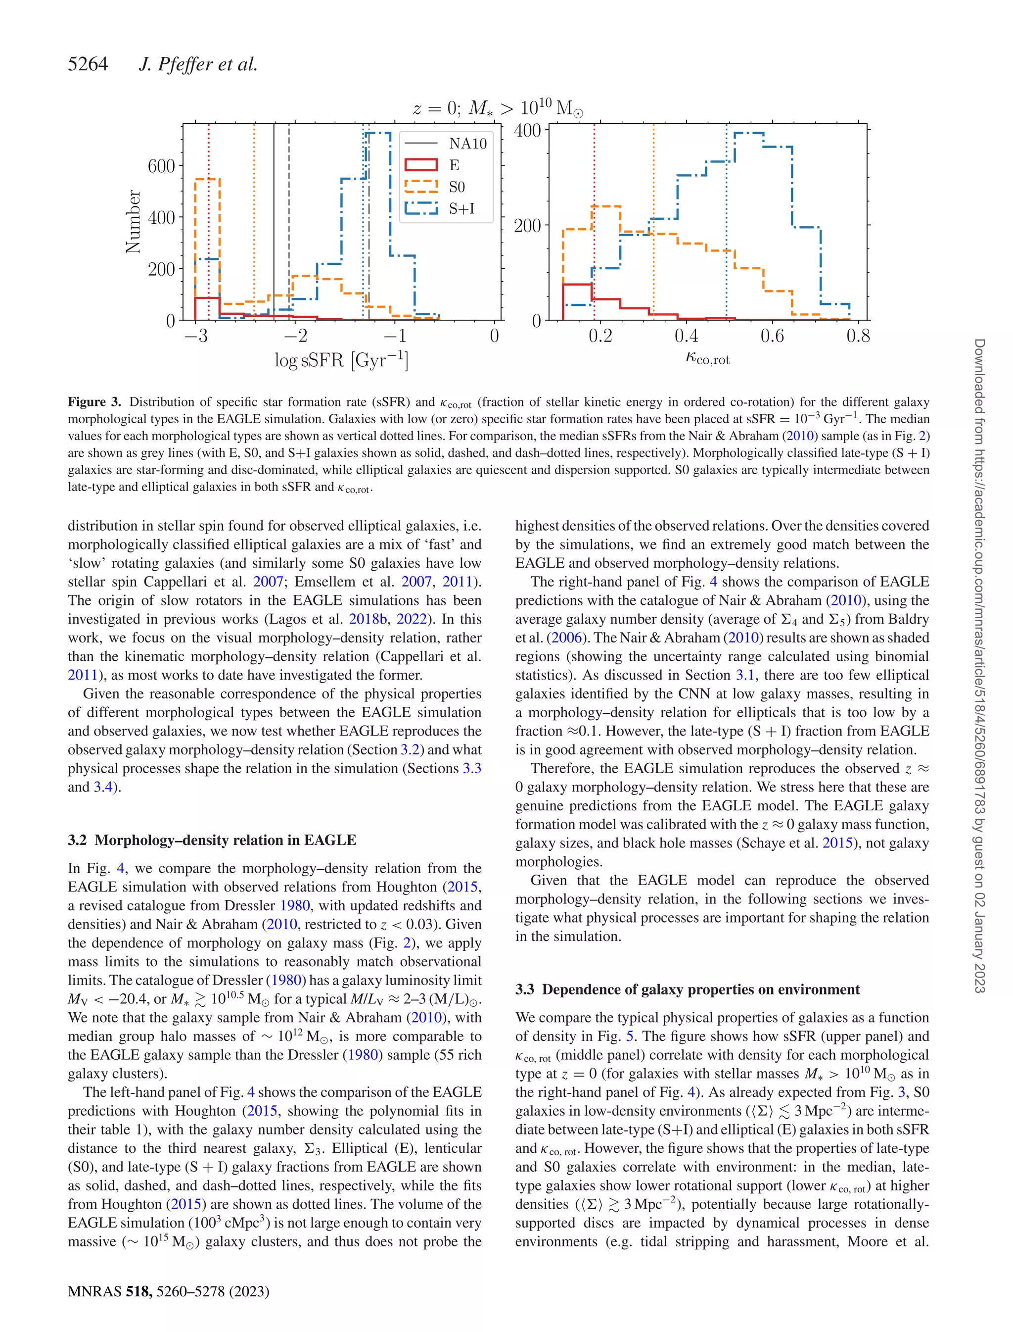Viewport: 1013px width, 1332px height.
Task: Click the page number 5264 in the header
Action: (88, 64)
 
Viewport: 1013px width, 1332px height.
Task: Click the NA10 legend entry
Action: (467, 144)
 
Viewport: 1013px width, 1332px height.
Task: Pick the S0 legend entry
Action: (457, 187)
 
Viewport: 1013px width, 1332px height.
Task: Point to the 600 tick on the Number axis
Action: (161, 166)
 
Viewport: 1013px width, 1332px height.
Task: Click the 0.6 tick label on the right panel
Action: (772, 336)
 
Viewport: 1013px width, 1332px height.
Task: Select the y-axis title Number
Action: (133, 222)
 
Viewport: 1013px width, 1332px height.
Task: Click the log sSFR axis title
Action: (341, 361)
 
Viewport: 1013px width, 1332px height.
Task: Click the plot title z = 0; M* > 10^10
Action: (498, 108)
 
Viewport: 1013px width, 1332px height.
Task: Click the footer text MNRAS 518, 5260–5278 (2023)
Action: (168, 1291)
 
